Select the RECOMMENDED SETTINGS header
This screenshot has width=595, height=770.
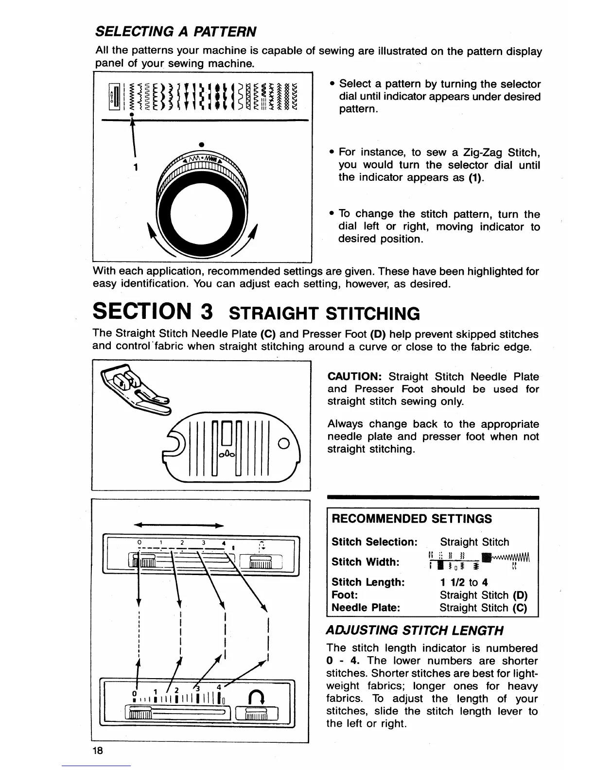[411, 519]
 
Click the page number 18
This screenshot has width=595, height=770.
[97, 750]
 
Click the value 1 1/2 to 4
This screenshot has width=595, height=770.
[464, 582]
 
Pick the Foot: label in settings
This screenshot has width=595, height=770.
[345, 595]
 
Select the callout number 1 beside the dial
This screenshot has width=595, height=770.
[137, 168]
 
